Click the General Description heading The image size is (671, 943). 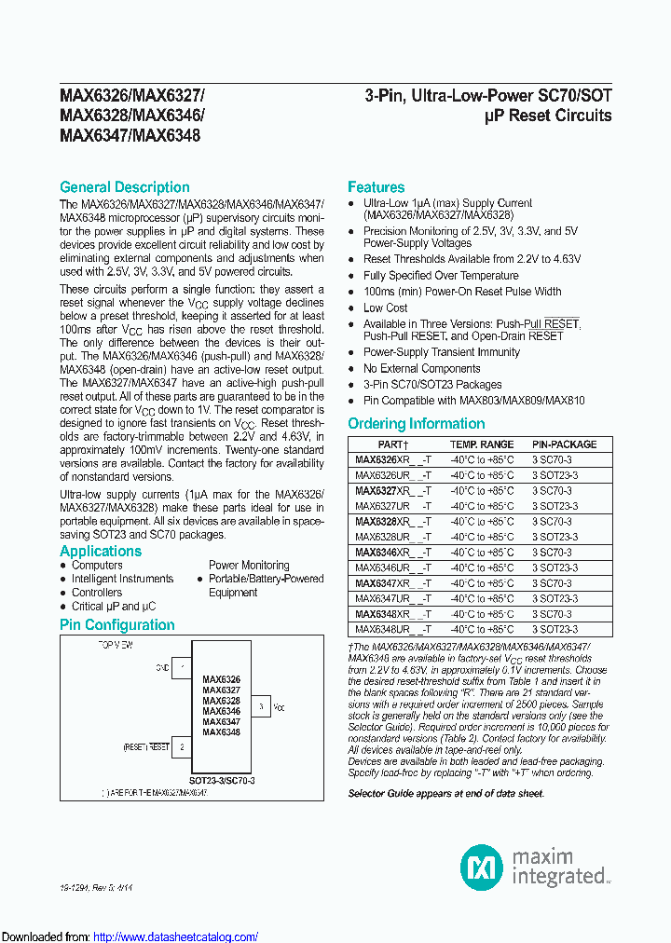[x=124, y=187]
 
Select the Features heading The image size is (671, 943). [x=376, y=187]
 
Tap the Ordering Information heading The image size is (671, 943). [x=416, y=424]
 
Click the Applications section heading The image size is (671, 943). [x=101, y=551]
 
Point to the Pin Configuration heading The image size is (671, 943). [x=116, y=625]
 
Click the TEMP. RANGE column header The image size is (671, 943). [x=482, y=444]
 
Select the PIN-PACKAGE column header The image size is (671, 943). [x=564, y=444]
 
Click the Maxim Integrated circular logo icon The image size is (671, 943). [x=482, y=868]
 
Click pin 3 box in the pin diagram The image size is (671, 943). [x=262, y=708]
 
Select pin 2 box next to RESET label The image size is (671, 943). [x=183, y=746]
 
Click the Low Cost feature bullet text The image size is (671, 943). [x=385, y=307]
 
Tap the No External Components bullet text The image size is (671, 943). [x=421, y=368]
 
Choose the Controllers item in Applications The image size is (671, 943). [x=97, y=593]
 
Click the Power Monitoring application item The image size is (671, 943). [x=249, y=565]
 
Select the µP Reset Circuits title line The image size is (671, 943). [x=548, y=116]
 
